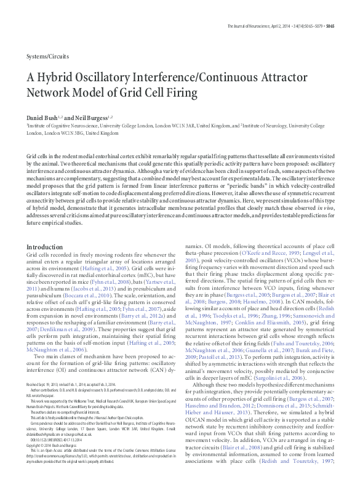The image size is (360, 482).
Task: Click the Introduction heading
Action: click(x=44, y=246)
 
